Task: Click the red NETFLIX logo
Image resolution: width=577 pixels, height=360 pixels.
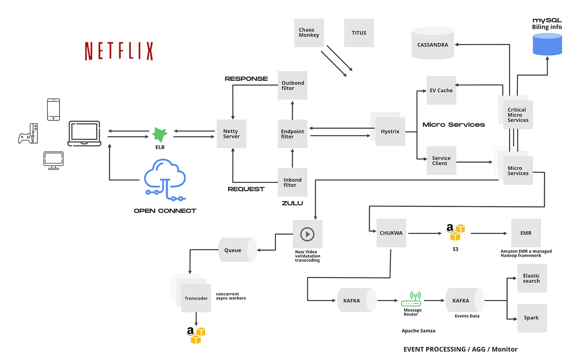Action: point(119,51)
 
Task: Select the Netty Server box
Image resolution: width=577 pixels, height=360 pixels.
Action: point(231,134)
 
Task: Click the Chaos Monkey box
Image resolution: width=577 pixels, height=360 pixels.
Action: point(309,33)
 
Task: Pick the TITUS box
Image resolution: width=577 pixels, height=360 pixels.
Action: point(359,33)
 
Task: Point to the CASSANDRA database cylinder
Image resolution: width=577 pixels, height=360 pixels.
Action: point(433,44)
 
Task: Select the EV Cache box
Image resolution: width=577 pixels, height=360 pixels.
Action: point(441,90)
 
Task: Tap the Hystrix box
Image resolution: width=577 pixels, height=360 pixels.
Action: point(390,132)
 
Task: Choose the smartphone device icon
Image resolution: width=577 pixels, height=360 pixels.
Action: point(53,110)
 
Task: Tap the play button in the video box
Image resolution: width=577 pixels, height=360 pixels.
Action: point(307,234)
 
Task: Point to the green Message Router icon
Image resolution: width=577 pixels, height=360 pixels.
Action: point(411,299)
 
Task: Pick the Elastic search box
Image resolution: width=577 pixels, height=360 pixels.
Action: point(532,278)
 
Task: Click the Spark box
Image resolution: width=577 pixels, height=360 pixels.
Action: point(532,318)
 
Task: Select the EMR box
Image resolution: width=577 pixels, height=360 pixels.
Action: point(526,233)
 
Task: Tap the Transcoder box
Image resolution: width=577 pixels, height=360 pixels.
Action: point(196,298)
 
